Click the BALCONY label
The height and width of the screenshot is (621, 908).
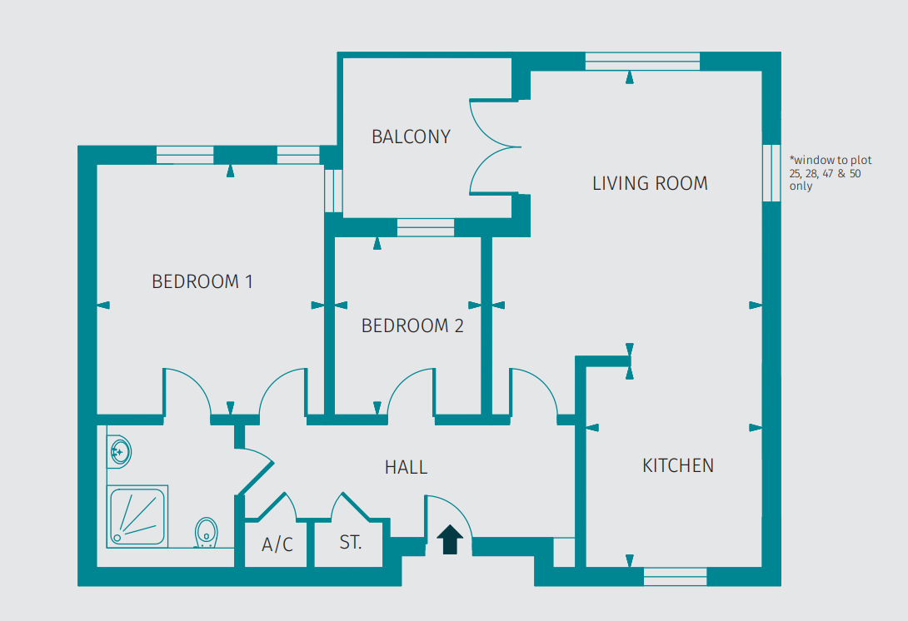[411, 137]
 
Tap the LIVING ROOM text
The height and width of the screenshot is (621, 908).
[650, 183]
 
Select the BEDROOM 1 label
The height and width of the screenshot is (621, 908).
[202, 281]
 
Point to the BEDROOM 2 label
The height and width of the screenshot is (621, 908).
[412, 326]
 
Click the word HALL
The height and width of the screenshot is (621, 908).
[407, 468]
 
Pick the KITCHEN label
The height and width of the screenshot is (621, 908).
[678, 465]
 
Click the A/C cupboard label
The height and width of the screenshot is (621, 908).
[277, 545]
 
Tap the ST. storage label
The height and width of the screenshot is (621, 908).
[351, 544]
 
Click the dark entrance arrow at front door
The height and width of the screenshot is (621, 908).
[451, 539]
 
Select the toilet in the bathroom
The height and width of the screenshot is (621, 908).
[206, 533]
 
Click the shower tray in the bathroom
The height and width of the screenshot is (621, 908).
[137, 515]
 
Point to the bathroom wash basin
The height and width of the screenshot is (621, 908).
[118, 452]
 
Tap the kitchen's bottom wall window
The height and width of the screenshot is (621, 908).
[675, 575]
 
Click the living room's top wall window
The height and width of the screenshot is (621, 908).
[641, 62]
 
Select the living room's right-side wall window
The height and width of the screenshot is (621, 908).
[772, 172]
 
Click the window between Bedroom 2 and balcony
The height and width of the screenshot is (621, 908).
[426, 227]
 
